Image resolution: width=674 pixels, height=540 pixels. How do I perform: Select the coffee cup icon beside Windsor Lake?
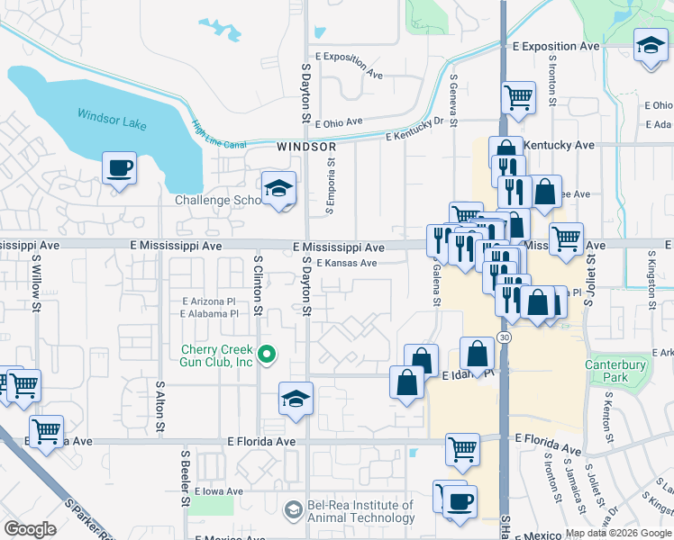pyautogui.click(x=119, y=167)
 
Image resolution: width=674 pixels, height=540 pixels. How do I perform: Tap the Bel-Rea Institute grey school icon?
pyautogui.click(x=293, y=510)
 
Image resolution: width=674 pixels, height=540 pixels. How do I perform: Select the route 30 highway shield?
pyautogui.click(x=504, y=337)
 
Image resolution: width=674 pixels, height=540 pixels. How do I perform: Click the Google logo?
pyautogui.click(x=30, y=529)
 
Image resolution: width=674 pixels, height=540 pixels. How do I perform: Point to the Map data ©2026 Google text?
pyautogui.click(x=617, y=532)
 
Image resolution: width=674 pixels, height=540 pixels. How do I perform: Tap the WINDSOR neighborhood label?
pyautogui.click(x=306, y=146)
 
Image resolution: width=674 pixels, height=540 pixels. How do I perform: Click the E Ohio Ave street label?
pyautogui.click(x=338, y=121)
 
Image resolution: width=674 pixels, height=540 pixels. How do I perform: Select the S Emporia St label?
pyautogui.click(x=331, y=187)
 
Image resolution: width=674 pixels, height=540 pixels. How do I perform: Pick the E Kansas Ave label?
pyautogui.click(x=346, y=263)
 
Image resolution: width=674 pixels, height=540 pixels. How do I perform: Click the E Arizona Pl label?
pyautogui.click(x=209, y=301)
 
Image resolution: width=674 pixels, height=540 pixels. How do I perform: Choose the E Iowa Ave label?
pyautogui.click(x=220, y=491)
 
